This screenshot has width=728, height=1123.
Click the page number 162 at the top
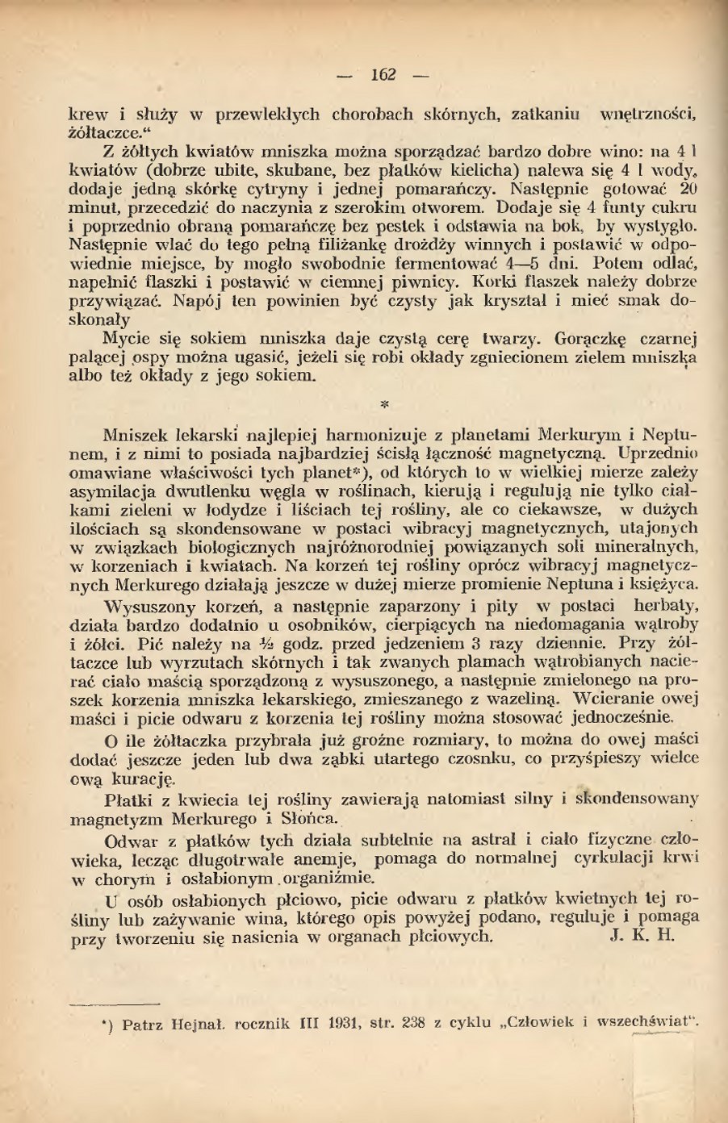coord(383,75)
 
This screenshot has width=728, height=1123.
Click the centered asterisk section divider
coord(384,403)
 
